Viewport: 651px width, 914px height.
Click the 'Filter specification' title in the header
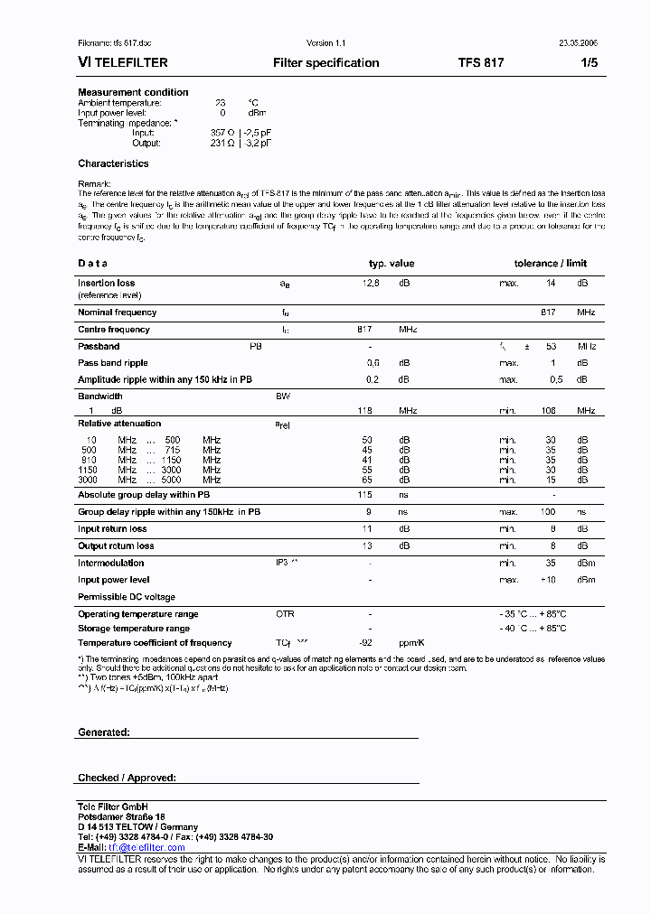[x=325, y=63]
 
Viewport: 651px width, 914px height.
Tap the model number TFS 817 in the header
[x=481, y=63]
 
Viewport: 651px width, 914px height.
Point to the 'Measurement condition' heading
[x=133, y=92]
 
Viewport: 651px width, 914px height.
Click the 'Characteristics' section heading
[x=113, y=163]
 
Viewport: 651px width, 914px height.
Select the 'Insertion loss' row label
[x=106, y=284]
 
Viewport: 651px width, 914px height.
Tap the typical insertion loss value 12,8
[x=371, y=284]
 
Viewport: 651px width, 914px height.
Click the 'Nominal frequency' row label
[x=117, y=312]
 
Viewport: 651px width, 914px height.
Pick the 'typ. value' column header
[x=391, y=264]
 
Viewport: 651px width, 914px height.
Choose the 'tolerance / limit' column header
[x=551, y=264]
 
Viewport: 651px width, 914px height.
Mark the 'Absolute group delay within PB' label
[x=144, y=495]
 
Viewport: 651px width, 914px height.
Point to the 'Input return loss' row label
[x=112, y=529]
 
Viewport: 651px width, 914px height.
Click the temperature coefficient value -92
[x=365, y=643]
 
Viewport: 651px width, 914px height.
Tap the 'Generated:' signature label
[x=104, y=732]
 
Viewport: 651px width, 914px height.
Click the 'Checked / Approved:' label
[x=127, y=778]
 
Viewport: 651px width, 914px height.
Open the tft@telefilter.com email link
[x=146, y=848]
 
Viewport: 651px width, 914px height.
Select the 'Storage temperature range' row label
[x=134, y=629]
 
